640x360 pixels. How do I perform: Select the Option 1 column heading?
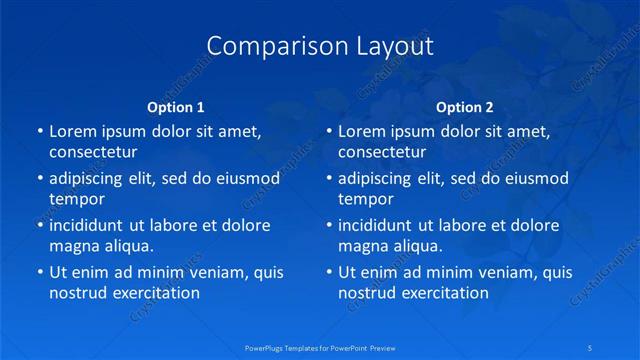(x=176, y=107)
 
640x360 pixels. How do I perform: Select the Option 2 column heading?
(x=465, y=107)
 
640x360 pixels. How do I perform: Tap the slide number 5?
(x=591, y=346)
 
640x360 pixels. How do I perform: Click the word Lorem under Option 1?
(x=73, y=131)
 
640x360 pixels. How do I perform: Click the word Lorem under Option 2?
(x=362, y=131)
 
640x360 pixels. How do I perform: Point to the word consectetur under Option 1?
(x=93, y=152)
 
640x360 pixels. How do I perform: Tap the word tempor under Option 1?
(x=77, y=199)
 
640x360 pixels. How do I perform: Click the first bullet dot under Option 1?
(x=40, y=131)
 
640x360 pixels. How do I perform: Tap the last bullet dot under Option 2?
(x=329, y=272)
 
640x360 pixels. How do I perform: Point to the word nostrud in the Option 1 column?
(x=77, y=293)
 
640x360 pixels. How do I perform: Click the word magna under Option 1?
(x=72, y=246)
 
